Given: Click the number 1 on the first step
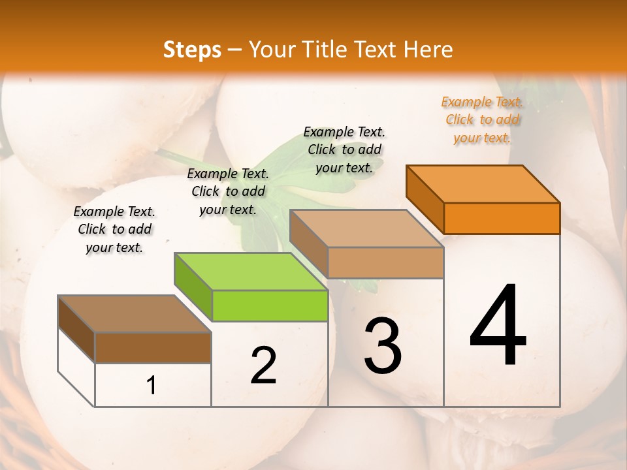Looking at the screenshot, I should [152, 385].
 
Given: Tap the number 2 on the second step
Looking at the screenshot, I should [263, 366].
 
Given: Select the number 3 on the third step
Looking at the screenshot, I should [383, 345].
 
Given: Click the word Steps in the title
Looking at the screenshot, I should [192, 50].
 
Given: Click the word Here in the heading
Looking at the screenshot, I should [428, 50].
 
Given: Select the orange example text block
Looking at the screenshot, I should [482, 119].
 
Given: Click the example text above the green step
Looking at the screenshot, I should [228, 191].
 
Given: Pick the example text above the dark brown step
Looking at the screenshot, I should [114, 229].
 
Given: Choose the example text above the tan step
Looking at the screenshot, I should [344, 149].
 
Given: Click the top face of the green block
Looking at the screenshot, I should [251, 271].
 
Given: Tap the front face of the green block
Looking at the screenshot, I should [270, 306].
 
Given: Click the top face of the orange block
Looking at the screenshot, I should [483, 183].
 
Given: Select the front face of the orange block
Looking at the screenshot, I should [502, 218].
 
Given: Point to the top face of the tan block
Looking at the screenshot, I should [366, 228].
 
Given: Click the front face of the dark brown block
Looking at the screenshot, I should [153, 347].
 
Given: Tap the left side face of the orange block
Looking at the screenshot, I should [425, 198].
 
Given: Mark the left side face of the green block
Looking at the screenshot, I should [193, 286].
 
